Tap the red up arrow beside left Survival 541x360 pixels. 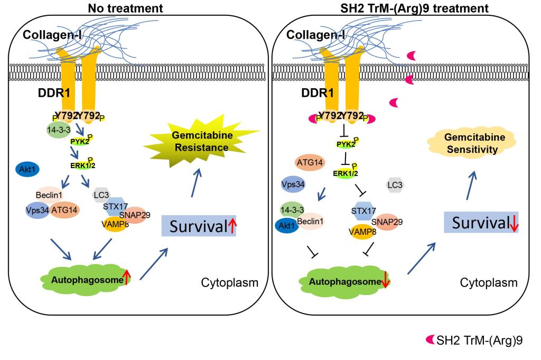232,227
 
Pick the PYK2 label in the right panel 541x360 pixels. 343,143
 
